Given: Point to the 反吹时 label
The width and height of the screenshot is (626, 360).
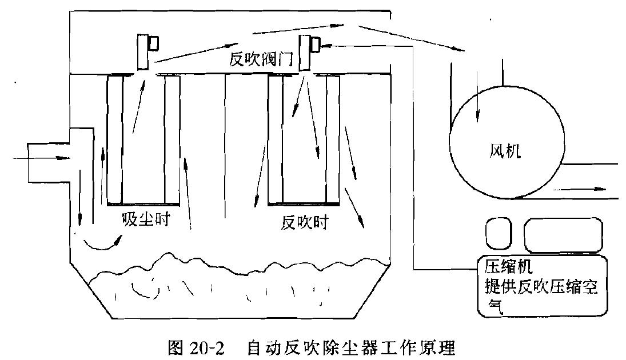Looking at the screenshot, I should pyautogui.click(x=305, y=222).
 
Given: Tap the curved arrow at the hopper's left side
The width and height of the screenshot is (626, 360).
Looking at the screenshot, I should pyautogui.click(x=103, y=245).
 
